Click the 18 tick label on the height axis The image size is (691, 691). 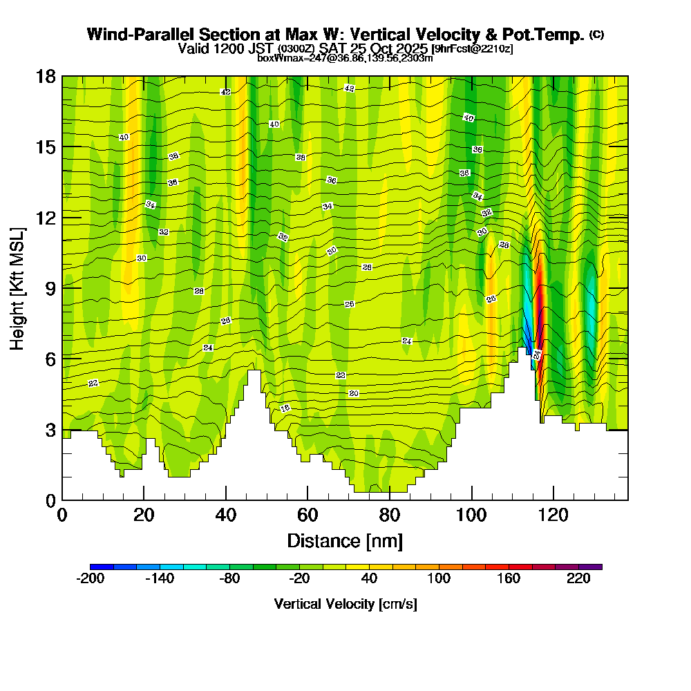pos(46,76)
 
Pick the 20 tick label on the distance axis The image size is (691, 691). pos(144,515)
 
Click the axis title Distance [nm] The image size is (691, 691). pos(345,540)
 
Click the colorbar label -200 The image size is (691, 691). pos(90,579)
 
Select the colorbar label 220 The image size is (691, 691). pos(579,579)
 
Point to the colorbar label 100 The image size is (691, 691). pos(439,579)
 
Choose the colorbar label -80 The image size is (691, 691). pos(229,579)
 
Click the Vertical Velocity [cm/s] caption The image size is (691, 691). pos(345,604)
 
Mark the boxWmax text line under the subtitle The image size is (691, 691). pos(345,58)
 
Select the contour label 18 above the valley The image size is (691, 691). pos(285,408)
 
